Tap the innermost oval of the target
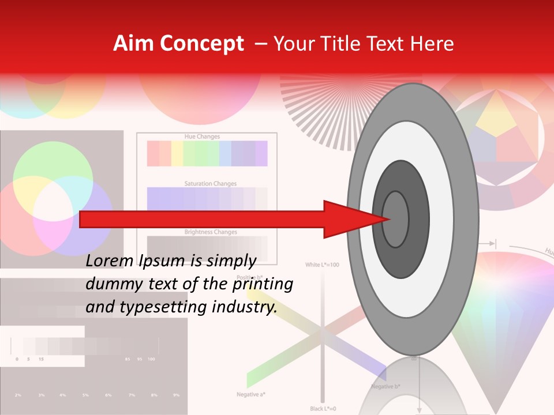pyautogui.click(x=396, y=220)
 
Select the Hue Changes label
pyautogui.click(x=202, y=137)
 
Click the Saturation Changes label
pyautogui.click(x=210, y=184)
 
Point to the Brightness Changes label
pyautogui.click(x=210, y=232)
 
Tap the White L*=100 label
pyautogui.click(x=322, y=265)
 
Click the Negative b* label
pyautogui.click(x=386, y=386)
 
